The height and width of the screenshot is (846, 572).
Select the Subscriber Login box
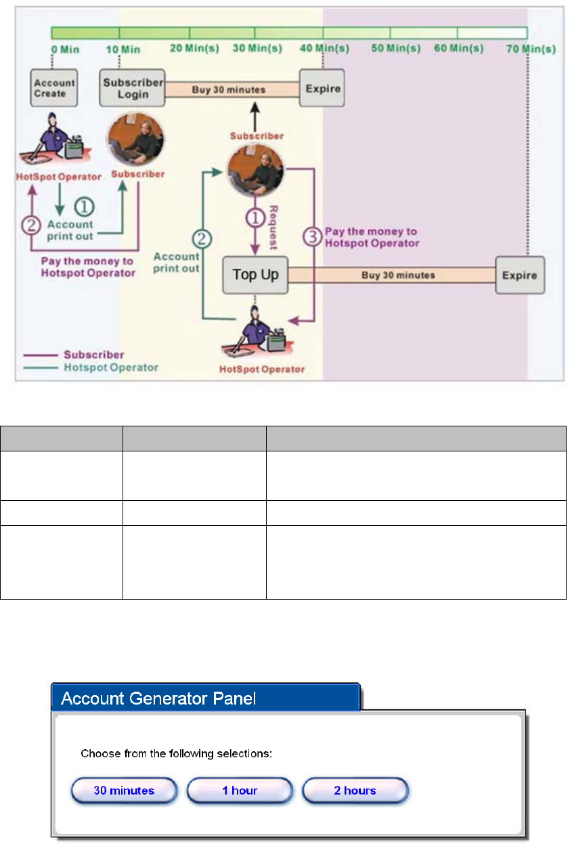[133, 88]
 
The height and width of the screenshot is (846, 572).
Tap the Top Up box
[255, 275]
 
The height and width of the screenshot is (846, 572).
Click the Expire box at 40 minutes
[322, 88]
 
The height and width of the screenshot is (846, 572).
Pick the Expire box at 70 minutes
[519, 275]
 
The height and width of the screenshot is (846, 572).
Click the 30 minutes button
[124, 790]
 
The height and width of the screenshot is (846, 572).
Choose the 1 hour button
[240, 790]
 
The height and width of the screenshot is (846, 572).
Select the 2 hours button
[355, 790]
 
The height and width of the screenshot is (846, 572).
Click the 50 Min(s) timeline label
[396, 49]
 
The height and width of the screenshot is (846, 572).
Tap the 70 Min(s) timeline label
[531, 49]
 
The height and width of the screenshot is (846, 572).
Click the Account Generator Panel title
[158, 698]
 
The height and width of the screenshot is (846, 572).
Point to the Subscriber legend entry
[95, 354]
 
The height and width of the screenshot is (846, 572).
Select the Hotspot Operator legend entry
[111, 368]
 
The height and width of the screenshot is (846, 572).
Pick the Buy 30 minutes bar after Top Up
[391, 275]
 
